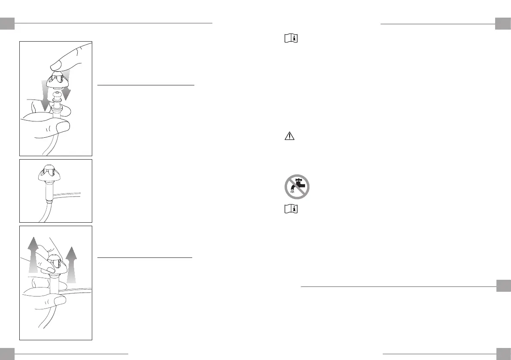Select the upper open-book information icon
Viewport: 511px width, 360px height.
click(291, 39)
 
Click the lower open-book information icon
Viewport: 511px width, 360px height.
click(291, 209)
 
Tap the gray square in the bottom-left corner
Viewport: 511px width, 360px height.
click(8, 354)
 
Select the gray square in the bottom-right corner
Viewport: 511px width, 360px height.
click(502, 354)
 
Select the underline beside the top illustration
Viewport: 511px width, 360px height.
click(146, 85)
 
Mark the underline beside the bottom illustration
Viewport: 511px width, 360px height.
click(145, 258)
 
